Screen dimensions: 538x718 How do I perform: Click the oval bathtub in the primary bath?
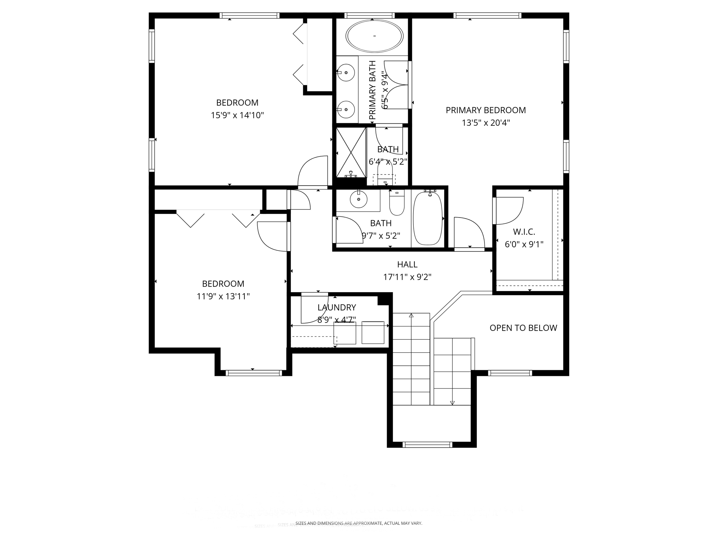click(374, 36)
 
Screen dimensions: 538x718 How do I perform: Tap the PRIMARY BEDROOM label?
click(486, 110)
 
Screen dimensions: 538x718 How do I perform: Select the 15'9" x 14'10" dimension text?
click(237, 115)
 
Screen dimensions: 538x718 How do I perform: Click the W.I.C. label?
click(524, 232)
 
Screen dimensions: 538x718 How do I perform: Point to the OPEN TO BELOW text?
click(523, 328)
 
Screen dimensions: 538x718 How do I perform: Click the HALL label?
click(407, 264)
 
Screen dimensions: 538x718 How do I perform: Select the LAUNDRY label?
click(337, 308)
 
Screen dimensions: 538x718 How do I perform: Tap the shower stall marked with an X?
click(351, 152)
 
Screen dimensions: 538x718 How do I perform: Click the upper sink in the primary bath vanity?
click(346, 73)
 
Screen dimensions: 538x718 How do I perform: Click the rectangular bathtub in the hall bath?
click(427, 219)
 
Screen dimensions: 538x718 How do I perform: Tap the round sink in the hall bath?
click(358, 200)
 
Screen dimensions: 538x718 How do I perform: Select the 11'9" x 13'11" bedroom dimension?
click(223, 297)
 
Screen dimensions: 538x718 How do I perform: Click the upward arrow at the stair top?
click(411, 316)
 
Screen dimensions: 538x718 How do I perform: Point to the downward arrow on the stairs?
click(452, 403)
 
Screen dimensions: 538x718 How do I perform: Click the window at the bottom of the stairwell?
click(427, 445)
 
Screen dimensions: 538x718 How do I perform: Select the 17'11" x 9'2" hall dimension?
click(407, 277)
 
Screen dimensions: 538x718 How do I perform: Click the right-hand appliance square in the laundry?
click(373, 332)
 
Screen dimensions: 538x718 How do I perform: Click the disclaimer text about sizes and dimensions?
click(359, 523)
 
